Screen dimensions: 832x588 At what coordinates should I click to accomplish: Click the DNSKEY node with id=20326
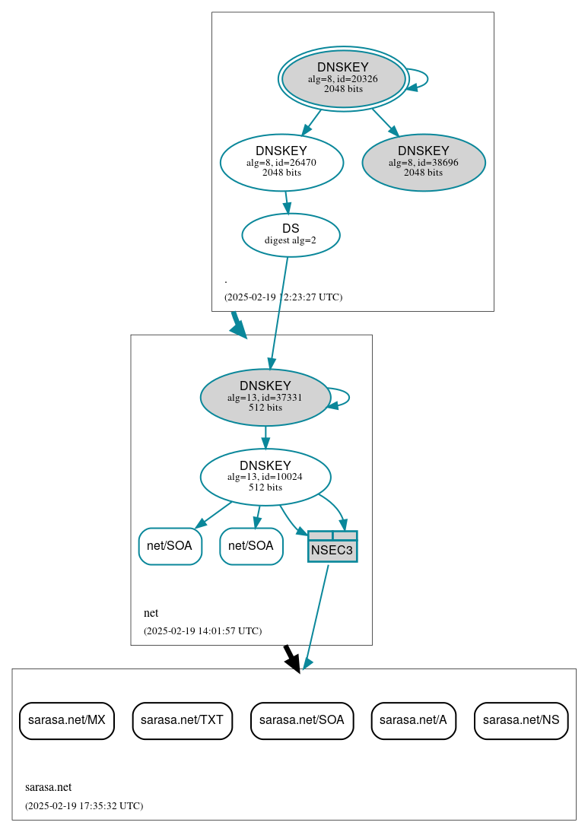[343, 78]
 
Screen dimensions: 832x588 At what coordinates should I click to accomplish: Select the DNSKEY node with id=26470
[281, 162]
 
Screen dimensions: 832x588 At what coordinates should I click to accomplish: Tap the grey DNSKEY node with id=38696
[424, 162]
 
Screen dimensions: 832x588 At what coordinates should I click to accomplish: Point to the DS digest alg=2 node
[291, 234]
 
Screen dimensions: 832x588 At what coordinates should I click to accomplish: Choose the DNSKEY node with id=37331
[265, 397]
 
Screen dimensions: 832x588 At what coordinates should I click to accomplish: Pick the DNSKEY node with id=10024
[265, 477]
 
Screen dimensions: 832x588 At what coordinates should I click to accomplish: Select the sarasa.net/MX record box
[67, 719]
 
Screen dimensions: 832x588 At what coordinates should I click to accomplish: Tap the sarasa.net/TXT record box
[183, 719]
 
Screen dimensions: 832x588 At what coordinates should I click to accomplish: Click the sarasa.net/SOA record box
[302, 719]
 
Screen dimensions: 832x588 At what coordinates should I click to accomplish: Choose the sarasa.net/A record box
[413, 719]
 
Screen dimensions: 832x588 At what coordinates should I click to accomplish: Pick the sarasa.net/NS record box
[521, 719]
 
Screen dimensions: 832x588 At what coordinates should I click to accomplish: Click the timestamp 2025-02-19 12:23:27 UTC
[283, 297]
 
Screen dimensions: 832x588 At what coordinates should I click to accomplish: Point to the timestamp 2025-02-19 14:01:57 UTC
[202, 630]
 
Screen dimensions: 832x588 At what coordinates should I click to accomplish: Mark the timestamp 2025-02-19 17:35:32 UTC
[84, 805]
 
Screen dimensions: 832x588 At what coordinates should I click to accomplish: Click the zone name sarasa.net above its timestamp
[49, 787]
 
